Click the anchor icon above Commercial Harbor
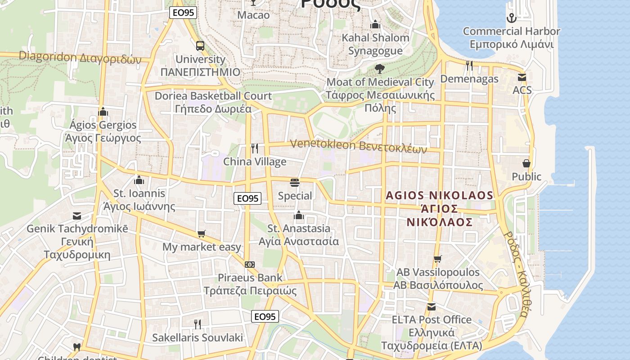[x=511, y=18]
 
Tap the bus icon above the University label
[x=200, y=46]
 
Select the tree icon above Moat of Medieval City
[x=379, y=69]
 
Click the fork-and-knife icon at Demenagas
[x=469, y=66]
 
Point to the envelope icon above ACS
[x=522, y=77]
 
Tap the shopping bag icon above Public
[x=526, y=163]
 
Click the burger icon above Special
[x=295, y=183]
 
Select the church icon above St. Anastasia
[x=299, y=216]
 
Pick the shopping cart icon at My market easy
[x=201, y=234]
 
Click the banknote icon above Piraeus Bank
[x=250, y=265]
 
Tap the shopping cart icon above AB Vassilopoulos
[x=437, y=259]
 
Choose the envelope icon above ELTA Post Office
[x=431, y=307]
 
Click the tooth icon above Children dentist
[x=76, y=347]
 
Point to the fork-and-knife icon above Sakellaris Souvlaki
[x=197, y=324]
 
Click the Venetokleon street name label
[x=358, y=146]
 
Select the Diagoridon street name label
[x=80, y=58]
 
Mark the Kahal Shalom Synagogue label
[x=375, y=44]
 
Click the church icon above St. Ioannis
[x=139, y=180]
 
